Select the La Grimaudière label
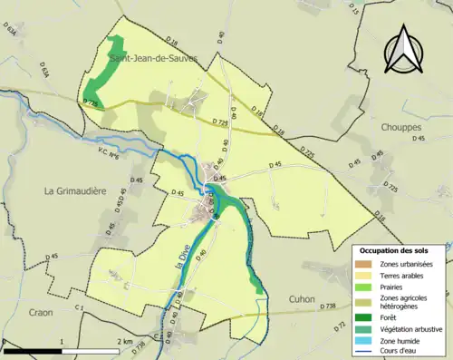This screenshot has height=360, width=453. tap(77, 191)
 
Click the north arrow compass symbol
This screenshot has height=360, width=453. tap(404, 50)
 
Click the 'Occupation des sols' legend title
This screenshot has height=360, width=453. tap(395, 249)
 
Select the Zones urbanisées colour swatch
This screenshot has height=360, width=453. tap(367, 264)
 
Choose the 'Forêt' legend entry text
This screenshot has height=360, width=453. tap(391, 318)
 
